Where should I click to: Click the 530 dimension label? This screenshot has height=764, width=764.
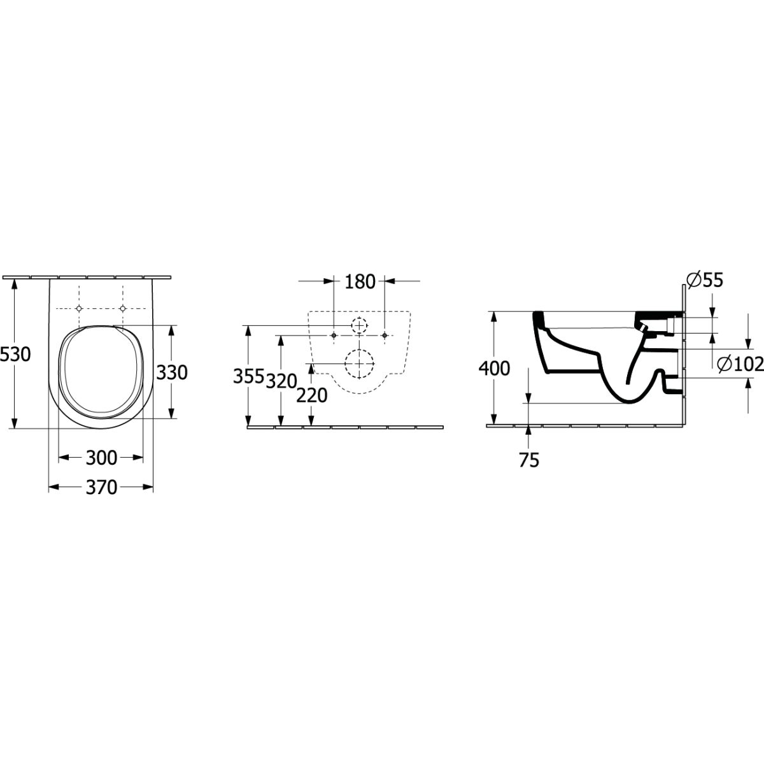pyautogui.click(x=15, y=355)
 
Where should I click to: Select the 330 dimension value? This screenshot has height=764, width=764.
pyautogui.click(x=171, y=372)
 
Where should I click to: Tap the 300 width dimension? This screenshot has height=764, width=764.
pyautogui.click(x=101, y=458)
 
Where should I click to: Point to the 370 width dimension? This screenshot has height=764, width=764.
pyautogui.click(x=101, y=487)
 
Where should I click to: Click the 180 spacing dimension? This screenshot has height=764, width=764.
pyautogui.click(x=360, y=282)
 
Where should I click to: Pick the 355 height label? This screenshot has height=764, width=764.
pyautogui.click(x=248, y=376)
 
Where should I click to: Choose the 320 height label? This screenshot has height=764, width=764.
pyautogui.click(x=281, y=381)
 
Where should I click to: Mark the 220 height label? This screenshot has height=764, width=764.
pyautogui.click(x=312, y=395)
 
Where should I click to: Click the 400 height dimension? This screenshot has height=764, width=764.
pyautogui.click(x=494, y=369)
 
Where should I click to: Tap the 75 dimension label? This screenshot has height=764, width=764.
pyautogui.click(x=529, y=460)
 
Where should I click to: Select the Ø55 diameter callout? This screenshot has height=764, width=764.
pyautogui.click(x=705, y=280)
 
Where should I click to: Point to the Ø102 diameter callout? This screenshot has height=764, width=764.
pyautogui.click(x=740, y=364)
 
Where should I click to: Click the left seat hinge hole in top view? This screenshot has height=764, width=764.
pyautogui.click(x=79, y=308)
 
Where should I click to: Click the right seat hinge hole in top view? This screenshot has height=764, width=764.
pyautogui.click(x=122, y=308)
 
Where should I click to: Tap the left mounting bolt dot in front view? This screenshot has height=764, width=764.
pyautogui.click(x=334, y=336)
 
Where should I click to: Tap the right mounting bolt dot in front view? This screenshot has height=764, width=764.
pyautogui.click(x=384, y=336)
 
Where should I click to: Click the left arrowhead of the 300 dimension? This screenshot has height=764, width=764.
pyautogui.click(x=64, y=458)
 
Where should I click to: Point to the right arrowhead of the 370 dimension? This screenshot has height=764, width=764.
pyautogui.click(x=148, y=487)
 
